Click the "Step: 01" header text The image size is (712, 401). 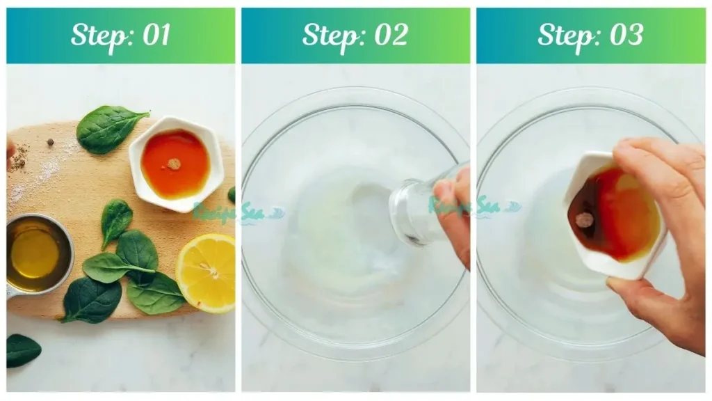tap(120, 35)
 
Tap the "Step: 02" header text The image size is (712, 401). tap(355, 35)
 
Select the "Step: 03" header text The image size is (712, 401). tap(590, 35)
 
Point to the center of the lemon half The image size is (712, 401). tap(208, 268)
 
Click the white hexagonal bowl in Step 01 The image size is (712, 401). tap(176, 164)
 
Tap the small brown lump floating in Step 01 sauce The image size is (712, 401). tap(174, 164)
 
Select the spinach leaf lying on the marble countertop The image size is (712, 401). tap(22, 349)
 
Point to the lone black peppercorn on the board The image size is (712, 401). tap(51, 142)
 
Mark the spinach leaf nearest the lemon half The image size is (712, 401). tap(156, 292)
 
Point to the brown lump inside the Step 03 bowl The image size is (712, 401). tap(584, 220)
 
